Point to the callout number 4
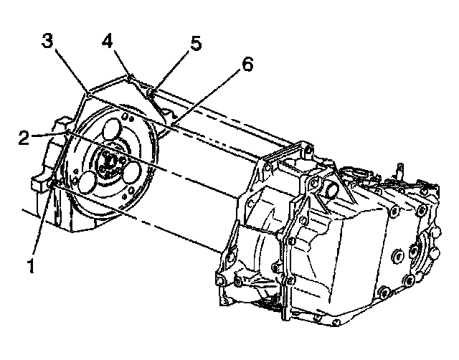pos(108,41)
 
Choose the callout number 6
pos(247,65)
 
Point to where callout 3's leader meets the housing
pos(87,93)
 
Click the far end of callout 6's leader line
pos(172,127)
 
